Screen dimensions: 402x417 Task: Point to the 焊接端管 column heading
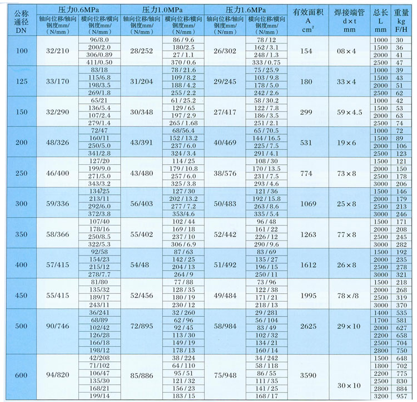(350, 11)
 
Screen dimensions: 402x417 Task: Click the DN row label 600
(21, 375)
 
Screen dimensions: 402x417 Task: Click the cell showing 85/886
(141, 375)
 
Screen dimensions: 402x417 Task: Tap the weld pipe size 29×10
(350, 325)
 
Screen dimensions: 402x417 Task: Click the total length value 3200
(380, 396)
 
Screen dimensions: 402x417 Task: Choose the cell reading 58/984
(225, 325)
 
